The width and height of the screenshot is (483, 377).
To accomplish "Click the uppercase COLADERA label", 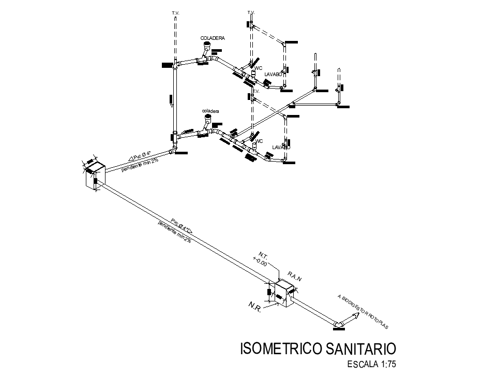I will point(213,38).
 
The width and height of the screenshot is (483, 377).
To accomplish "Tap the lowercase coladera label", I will point(211,111).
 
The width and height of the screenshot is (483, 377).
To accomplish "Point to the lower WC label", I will point(259,141).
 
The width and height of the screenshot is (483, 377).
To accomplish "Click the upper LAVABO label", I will point(273,75).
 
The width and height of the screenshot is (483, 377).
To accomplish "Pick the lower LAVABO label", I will point(281,148).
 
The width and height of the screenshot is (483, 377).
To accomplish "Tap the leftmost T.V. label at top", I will point(175,11).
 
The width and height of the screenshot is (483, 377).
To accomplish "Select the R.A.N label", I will point(295,278).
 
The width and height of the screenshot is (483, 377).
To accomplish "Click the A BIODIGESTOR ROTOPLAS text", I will point(363,311).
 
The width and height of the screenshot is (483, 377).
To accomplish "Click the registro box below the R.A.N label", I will point(283,294).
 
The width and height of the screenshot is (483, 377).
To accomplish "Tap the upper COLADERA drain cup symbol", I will point(206,47).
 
